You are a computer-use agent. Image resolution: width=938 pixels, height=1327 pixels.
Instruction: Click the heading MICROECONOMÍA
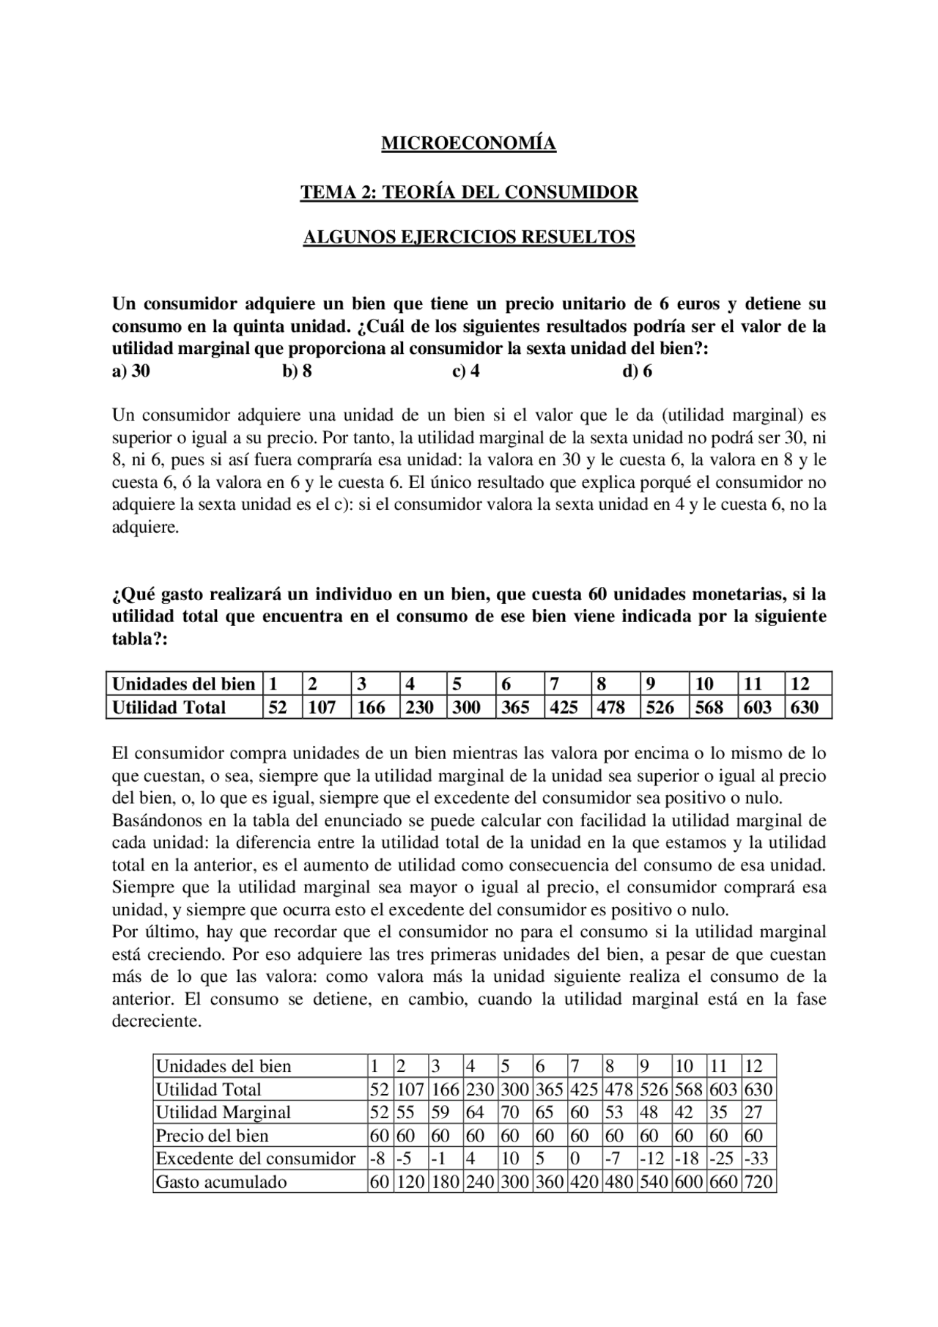468,144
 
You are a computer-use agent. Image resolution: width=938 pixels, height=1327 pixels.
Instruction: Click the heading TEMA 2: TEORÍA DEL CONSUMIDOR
469,192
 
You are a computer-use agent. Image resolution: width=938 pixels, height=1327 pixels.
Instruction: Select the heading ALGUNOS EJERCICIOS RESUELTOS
469,237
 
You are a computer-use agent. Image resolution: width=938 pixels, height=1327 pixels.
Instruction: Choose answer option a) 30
130,372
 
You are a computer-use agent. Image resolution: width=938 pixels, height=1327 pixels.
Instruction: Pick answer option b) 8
297,372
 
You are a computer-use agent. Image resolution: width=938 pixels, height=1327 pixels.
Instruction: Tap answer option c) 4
466,372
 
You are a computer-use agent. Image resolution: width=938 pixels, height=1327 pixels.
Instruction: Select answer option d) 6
637,372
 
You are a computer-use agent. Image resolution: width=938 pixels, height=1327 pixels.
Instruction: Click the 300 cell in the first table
466,707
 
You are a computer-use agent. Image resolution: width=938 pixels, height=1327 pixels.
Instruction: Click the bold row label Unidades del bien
183,684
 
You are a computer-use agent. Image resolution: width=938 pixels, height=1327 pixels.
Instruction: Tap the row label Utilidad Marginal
224,1112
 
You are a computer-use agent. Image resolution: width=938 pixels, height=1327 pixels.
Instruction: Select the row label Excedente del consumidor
256,1158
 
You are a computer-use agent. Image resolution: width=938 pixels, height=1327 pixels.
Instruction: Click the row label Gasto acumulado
221,1182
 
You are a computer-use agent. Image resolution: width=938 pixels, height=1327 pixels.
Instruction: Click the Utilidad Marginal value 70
511,1112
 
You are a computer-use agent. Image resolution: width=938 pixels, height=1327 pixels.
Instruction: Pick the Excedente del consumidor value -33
758,1158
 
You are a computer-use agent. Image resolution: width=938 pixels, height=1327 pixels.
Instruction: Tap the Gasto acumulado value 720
758,1182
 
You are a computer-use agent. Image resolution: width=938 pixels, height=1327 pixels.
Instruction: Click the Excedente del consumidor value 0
575,1158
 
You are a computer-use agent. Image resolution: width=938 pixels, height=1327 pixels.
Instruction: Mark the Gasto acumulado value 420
584,1182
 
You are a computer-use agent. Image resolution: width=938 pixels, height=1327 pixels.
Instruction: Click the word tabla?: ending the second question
140,639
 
